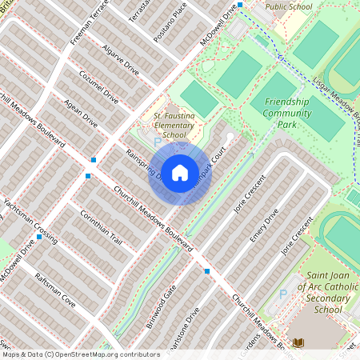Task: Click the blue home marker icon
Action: click(x=180, y=173)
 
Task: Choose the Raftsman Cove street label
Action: click(x=55, y=289)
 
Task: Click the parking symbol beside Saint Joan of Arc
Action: click(x=282, y=294)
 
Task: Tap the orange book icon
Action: click(x=299, y=342)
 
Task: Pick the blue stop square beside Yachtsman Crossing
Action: click(x=39, y=237)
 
